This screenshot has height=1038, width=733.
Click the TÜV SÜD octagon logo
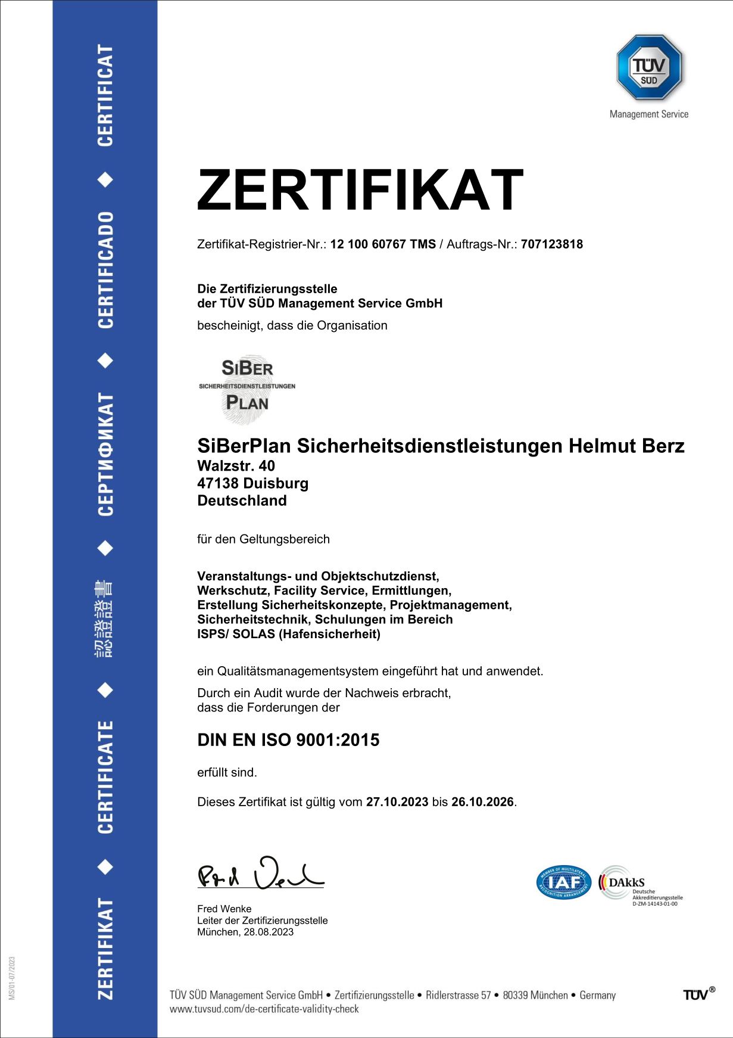[649, 67]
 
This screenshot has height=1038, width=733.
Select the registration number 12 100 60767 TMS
[383, 244]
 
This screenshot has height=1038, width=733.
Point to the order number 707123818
[551, 244]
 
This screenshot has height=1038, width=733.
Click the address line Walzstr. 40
[236, 466]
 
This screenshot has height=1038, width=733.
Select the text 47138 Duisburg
[252, 483]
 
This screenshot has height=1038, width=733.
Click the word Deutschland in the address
[242, 501]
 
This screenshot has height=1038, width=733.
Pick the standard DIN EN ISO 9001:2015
[288, 740]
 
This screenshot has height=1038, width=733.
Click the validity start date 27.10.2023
[397, 802]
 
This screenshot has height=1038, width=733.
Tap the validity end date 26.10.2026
[482, 802]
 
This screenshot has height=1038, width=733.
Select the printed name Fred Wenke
[224, 909]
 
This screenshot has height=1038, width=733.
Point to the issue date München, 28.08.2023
[245, 932]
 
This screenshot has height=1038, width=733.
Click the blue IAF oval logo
[563, 882]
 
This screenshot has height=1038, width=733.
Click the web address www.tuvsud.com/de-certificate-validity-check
[264, 1009]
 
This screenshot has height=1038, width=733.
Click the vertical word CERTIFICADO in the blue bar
[105, 269]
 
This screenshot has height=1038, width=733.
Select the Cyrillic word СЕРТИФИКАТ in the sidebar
[105, 454]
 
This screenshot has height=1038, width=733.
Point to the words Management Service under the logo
[648, 114]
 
